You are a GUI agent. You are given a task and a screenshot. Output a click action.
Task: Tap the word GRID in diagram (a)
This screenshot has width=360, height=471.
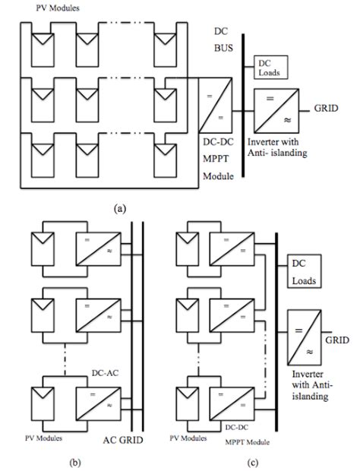326,108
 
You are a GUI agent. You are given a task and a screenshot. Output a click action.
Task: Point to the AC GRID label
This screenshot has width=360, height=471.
123,440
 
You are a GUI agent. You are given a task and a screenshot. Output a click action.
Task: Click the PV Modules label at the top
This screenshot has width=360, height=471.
58,8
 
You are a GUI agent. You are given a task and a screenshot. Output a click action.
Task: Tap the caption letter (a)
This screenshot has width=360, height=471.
120,208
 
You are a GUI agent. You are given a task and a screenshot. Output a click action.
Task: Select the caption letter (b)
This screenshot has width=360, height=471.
74,463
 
